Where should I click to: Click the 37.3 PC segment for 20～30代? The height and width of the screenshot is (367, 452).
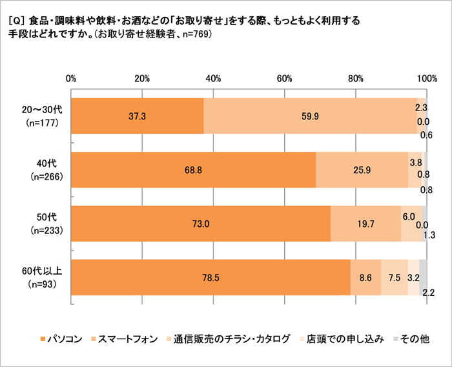137,116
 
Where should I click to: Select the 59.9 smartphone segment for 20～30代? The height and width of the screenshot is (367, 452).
310,116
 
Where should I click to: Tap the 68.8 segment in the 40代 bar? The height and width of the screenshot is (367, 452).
193,170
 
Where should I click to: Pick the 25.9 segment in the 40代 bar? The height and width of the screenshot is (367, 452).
362,170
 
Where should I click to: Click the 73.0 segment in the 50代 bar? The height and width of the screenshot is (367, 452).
201,224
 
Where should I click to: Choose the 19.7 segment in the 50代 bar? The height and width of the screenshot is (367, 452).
365,224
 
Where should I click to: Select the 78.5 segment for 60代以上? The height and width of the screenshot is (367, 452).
211,277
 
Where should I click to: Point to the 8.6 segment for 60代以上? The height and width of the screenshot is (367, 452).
365,277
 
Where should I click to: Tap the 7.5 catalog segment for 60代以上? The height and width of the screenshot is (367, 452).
394,277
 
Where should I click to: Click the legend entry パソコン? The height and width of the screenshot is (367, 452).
61,339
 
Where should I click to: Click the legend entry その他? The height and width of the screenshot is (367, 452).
415,339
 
